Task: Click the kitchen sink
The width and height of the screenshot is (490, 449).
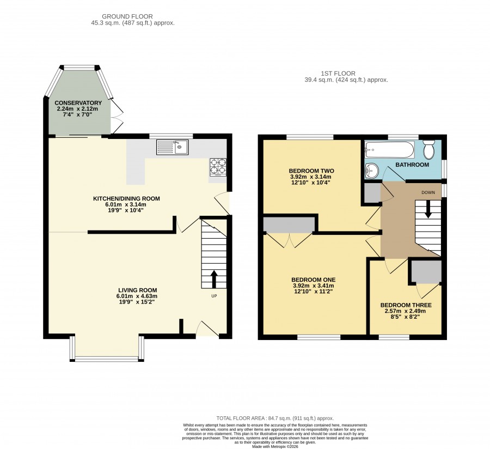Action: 172,147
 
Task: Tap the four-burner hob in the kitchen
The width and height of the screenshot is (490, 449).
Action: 218,167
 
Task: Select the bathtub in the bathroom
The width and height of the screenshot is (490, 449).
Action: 390,150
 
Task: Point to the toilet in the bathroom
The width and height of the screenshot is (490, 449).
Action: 429,149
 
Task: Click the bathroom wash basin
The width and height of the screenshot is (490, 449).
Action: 371,171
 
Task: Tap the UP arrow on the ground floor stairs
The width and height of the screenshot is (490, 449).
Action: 214,279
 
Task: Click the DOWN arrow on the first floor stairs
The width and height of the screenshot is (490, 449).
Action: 428,209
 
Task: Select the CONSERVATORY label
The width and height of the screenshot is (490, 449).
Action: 78,103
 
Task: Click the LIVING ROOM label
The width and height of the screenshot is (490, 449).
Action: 138,290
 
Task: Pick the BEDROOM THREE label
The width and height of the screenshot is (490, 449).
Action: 406,305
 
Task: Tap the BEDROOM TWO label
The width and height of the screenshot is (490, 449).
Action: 311,171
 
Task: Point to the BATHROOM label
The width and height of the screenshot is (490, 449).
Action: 412,165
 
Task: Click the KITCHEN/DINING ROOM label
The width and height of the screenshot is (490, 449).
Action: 126,198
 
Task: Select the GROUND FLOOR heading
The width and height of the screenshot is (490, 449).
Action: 127,16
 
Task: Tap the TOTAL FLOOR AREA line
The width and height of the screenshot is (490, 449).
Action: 275,418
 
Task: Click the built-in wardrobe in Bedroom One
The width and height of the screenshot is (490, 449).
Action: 289,225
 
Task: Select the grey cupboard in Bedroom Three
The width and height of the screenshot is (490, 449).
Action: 426,271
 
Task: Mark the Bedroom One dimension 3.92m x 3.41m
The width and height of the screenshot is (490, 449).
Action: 314,286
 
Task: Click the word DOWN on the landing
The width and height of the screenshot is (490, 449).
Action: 428,192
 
